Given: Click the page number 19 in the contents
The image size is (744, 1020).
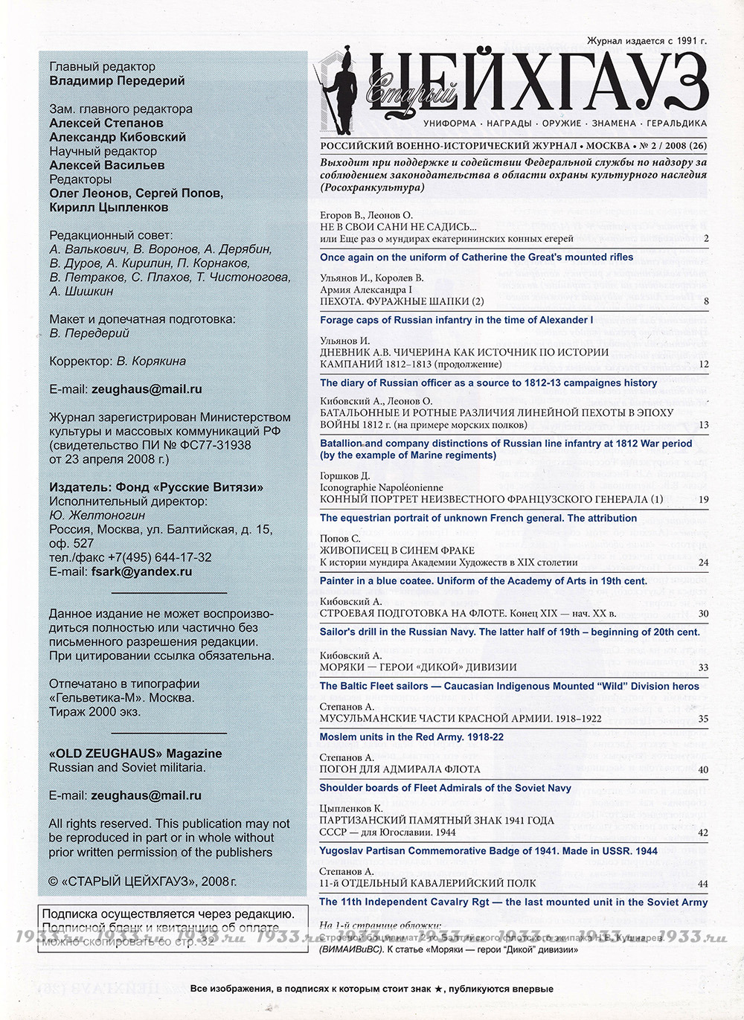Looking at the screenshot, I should pyautogui.click(x=703, y=500).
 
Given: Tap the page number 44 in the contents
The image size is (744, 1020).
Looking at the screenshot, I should pyautogui.click(x=703, y=884).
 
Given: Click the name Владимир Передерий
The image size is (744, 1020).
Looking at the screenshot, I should pyautogui.click(x=117, y=80).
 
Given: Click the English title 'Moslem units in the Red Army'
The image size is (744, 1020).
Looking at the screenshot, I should pyautogui.click(x=411, y=737).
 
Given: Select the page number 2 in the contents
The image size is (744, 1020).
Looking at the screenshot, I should pyautogui.click(x=705, y=239).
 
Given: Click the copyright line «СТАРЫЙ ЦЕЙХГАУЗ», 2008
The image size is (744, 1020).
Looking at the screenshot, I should pyautogui.click(x=143, y=882).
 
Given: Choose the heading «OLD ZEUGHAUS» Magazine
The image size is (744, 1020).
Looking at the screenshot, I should pyautogui.click(x=135, y=753).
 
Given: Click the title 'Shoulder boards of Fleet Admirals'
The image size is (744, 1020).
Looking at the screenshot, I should pyautogui.click(x=445, y=787).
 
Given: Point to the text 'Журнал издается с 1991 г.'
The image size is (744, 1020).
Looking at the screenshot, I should pyautogui.click(x=647, y=41).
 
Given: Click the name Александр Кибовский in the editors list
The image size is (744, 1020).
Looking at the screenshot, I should pyautogui.click(x=118, y=137).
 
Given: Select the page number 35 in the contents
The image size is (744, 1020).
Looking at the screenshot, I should pyautogui.click(x=703, y=719).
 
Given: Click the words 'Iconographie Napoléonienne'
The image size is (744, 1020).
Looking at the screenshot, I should pyautogui.click(x=381, y=487).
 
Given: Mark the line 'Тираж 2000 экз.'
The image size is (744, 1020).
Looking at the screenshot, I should pyautogui.click(x=94, y=711).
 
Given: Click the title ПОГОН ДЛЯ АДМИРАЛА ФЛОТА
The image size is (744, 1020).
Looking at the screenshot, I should pyautogui.click(x=400, y=769).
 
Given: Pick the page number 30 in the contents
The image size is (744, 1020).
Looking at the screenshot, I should pyautogui.click(x=703, y=614).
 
